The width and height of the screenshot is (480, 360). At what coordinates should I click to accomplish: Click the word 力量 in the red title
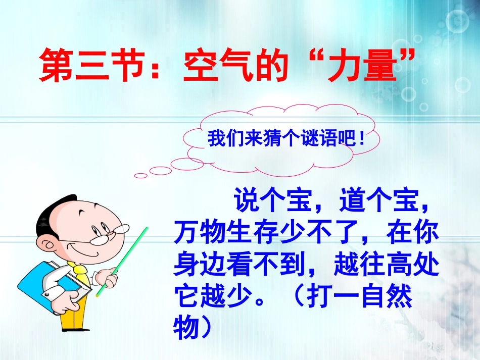point(369,67)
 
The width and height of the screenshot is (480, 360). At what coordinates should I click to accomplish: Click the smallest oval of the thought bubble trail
point(141,176)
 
